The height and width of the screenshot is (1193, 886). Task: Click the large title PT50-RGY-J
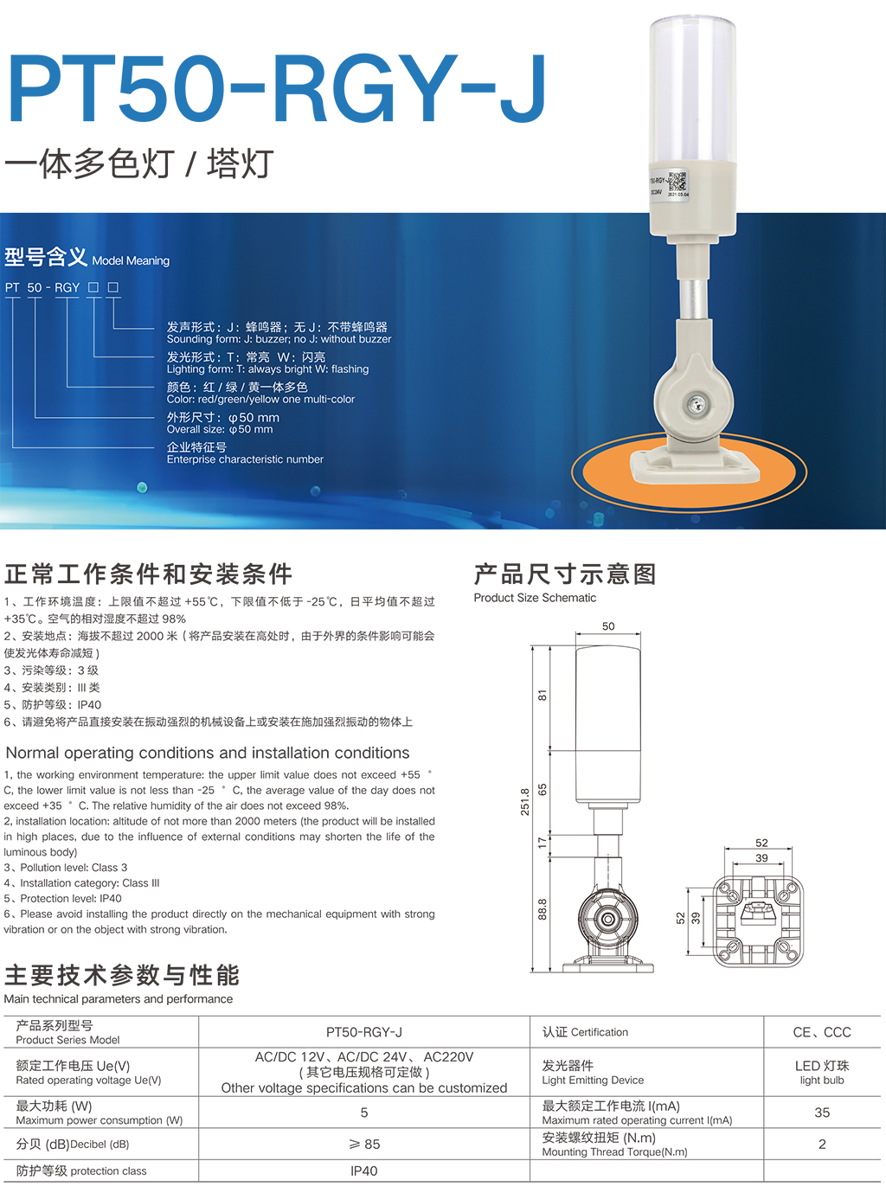tap(277, 89)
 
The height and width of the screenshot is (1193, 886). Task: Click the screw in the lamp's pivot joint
tap(695, 402)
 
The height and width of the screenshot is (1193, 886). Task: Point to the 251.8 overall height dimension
tap(524, 802)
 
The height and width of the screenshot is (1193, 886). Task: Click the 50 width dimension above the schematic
tap(608, 626)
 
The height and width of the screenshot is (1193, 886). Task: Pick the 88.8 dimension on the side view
tap(542, 909)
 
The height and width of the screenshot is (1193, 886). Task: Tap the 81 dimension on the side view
tap(542, 696)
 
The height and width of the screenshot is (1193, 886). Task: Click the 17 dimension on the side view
tap(542, 843)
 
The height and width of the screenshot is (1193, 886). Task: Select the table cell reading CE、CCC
tap(821, 1032)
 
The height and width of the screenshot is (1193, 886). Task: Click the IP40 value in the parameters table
tap(363, 1171)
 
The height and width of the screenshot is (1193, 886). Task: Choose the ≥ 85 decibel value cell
tap(363, 1144)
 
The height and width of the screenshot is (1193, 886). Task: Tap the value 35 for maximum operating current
tap(821, 1113)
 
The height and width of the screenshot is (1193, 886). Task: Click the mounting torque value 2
tap(821, 1144)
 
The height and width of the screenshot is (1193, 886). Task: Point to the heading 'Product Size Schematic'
tap(535, 598)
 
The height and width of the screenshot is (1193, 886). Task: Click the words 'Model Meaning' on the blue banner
tap(131, 261)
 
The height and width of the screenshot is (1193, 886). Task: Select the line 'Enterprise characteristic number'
tap(245, 459)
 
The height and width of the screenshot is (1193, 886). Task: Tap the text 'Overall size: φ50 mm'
tap(220, 429)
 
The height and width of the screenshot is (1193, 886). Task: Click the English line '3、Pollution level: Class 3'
tap(66, 868)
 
